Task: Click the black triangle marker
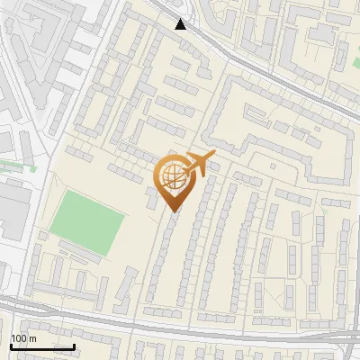[x=182, y=24]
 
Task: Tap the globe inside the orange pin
[x=171, y=177]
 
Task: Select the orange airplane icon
[x=200, y=163]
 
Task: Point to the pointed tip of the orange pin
[x=172, y=211]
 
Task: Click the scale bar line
[x=42, y=346]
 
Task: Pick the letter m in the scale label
[x=32, y=338]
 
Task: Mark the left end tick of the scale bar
[x=11, y=345]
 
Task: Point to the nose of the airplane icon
[x=213, y=154]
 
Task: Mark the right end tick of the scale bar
[x=74, y=345]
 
